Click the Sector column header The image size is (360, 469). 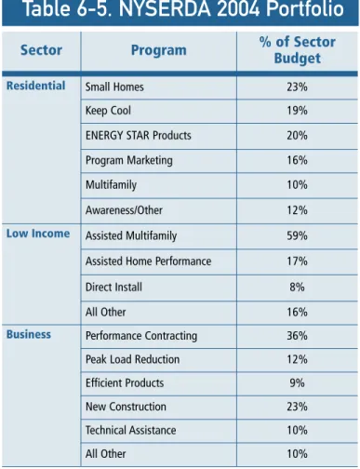[41, 50]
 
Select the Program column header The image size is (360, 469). [159, 50]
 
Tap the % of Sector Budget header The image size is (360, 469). [298, 50]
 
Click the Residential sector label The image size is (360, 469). [36, 86]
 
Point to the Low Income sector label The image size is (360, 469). [38, 234]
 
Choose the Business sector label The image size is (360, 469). [29, 334]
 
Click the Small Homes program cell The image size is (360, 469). [114, 87]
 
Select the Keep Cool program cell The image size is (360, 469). [108, 111]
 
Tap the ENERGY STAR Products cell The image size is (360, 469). [139, 136]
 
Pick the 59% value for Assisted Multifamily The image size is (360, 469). [297, 235]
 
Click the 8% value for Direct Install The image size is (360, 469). [297, 288]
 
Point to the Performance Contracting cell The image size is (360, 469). [141, 336]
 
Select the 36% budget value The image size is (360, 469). [297, 336]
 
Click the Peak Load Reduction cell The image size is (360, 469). [132, 359]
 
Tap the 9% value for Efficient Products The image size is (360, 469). [297, 383]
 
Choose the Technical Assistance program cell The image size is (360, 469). [130, 430]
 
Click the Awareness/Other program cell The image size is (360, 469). [124, 210]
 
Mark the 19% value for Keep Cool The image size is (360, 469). [297, 111]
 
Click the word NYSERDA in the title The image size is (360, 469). [165, 8]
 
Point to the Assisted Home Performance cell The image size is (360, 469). [148, 261]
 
